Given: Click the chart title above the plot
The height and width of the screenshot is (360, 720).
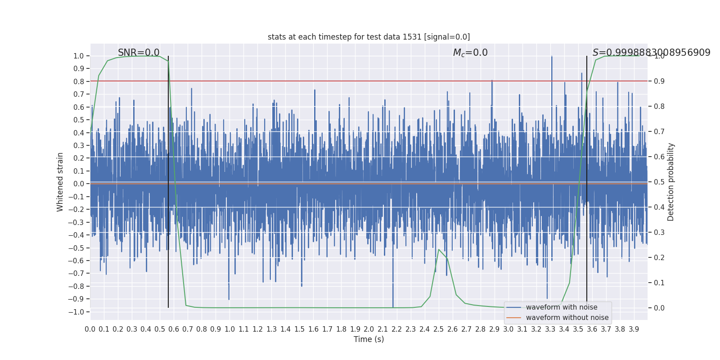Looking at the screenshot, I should [369, 37].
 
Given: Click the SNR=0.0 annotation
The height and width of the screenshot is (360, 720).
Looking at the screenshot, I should [139, 53].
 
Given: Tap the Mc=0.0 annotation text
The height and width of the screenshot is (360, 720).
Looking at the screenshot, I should [470, 53].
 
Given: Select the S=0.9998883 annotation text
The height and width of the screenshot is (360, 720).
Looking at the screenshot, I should [651, 53].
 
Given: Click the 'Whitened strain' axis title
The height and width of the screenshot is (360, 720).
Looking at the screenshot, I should [60, 182].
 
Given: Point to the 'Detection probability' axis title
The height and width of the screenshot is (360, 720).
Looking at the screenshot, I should [671, 182].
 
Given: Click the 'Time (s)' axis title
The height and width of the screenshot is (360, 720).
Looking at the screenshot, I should [369, 339].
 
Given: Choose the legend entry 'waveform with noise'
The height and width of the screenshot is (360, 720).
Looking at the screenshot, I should [561, 307].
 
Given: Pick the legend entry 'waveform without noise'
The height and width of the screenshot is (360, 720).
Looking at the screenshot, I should [567, 318].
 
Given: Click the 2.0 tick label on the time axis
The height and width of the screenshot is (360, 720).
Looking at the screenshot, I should [369, 329].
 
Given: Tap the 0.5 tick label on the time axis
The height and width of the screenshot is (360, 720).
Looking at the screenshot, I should [160, 329].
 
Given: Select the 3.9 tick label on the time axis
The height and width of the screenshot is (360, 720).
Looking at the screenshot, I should [634, 329].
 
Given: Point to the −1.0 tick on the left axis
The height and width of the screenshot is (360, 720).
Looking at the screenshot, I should [78, 312].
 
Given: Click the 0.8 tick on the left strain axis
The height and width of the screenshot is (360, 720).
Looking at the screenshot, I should [79, 81].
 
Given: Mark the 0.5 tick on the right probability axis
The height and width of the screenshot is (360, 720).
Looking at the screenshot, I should [659, 182].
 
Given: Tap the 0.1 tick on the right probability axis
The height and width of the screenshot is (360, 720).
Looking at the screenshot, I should [659, 283].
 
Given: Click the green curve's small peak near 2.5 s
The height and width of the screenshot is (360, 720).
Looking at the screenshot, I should [439, 249].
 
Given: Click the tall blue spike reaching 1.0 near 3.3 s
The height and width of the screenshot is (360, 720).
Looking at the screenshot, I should [552, 58].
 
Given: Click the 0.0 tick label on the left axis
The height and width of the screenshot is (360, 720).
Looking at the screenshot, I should [79, 184].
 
